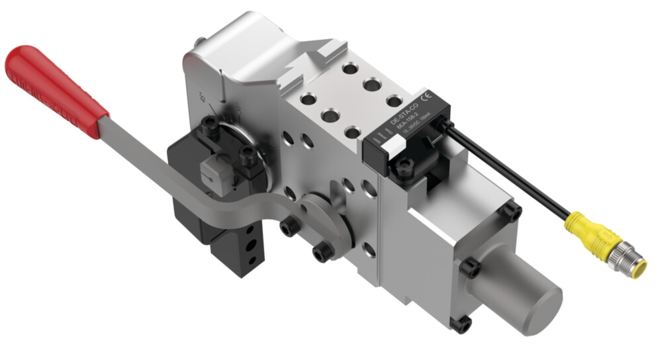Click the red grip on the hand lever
pos(53,86)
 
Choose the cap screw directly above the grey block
pos(210,125)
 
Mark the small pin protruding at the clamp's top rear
pos(197,40)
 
